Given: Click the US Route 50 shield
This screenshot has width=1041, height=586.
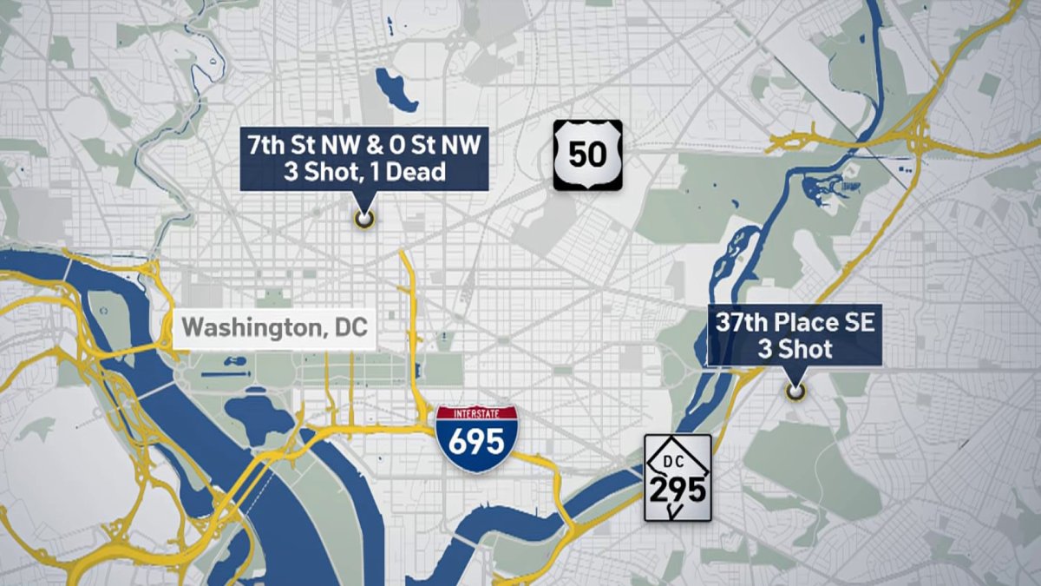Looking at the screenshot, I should (x=588, y=155).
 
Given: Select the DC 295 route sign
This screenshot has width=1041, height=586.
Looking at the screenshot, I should (x=678, y=477).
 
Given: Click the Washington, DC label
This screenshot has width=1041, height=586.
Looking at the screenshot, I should (x=274, y=329).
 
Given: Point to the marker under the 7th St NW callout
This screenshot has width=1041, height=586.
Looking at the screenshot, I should (x=364, y=219).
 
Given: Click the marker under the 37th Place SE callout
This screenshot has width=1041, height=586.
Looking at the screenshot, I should (x=794, y=392).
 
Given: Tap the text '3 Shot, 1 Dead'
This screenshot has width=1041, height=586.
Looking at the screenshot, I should (x=364, y=172).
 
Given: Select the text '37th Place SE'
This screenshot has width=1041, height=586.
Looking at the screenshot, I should (x=795, y=324).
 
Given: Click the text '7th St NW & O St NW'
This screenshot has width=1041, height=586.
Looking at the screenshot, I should (x=364, y=146).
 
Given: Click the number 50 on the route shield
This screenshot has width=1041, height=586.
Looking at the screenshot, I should (x=588, y=156).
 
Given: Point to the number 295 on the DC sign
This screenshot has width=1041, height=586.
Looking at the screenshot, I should (x=678, y=488).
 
